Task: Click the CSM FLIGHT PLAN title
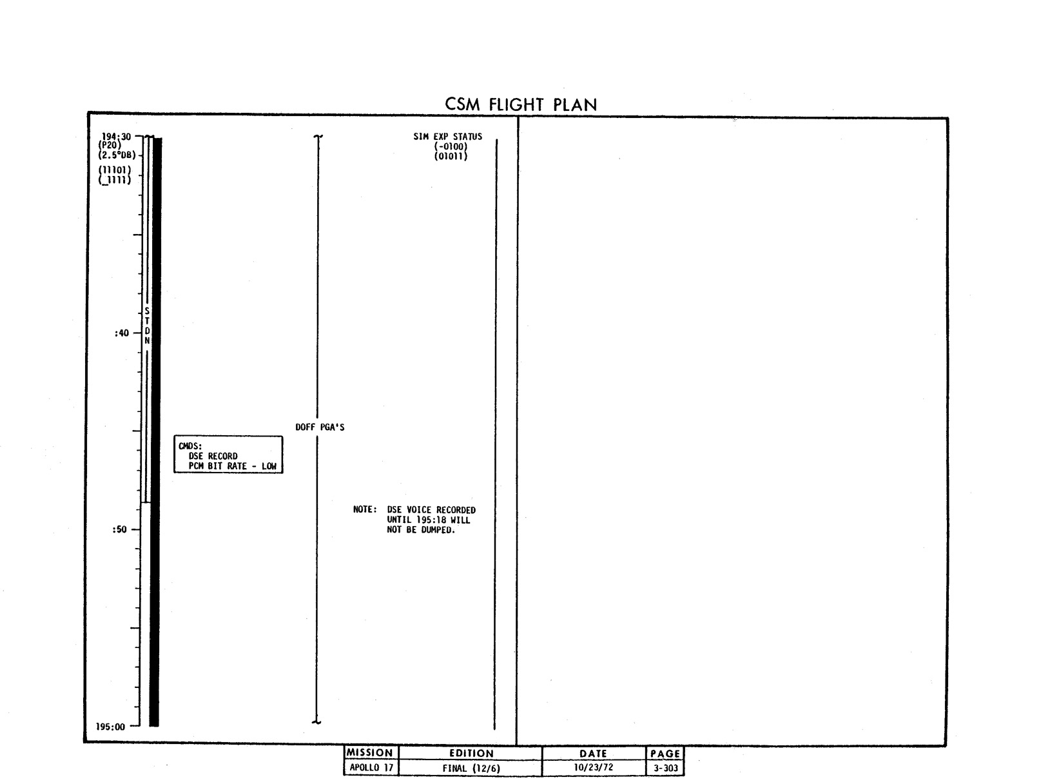point(520,104)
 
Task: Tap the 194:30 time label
point(116,137)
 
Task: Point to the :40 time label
point(121,333)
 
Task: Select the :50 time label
point(119,529)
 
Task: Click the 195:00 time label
point(110,727)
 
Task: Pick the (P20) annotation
point(110,145)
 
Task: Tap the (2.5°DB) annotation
point(117,155)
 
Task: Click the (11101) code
point(115,170)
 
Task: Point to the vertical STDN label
point(147,326)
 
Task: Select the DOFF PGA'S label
point(320,427)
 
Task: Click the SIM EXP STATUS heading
point(448,137)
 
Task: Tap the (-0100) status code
point(451,146)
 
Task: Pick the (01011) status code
point(451,156)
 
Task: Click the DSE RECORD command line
point(213,456)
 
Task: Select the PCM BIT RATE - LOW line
point(233,465)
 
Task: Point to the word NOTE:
point(365,509)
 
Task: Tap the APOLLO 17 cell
point(371,767)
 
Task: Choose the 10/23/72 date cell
point(593,767)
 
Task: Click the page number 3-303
point(666,767)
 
